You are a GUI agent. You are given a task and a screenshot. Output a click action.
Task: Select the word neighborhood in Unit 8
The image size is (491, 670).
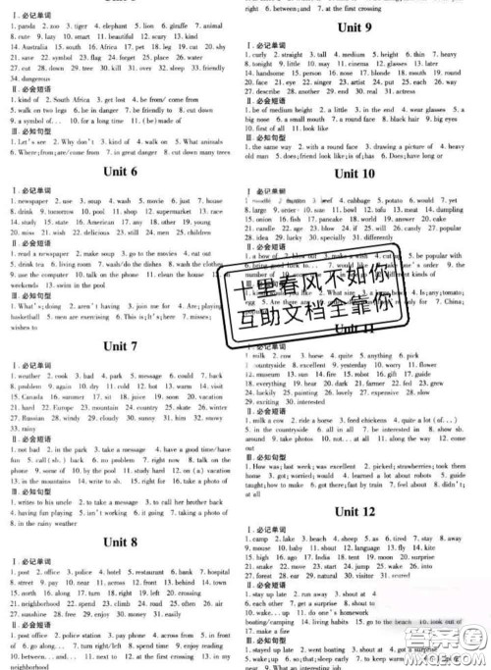[38, 604]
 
